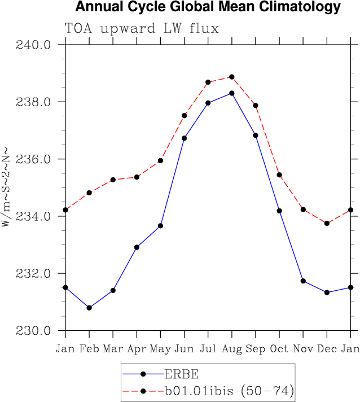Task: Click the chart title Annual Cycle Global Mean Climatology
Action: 208,7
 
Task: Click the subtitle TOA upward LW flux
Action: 142,28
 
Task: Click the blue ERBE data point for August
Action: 231,93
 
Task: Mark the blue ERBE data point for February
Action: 89,308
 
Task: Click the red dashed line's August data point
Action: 231,77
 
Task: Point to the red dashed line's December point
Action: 327,224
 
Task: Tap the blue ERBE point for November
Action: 303,281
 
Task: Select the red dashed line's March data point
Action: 113,180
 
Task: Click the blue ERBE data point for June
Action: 184,138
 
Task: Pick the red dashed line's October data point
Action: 279,175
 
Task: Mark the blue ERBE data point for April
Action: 137,247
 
